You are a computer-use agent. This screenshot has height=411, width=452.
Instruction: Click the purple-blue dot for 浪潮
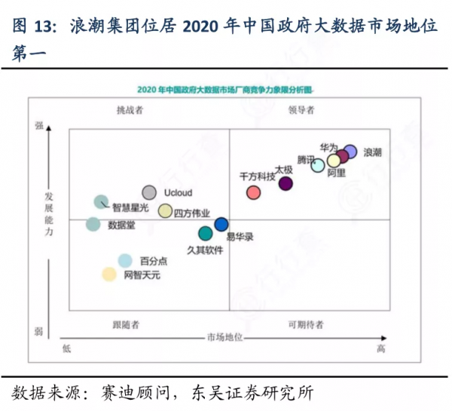pyautogui.click(x=350, y=152)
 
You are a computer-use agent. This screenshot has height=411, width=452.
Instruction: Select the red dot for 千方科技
pyautogui.click(x=254, y=192)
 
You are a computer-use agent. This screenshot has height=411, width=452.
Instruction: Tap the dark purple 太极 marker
pyautogui.click(x=286, y=182)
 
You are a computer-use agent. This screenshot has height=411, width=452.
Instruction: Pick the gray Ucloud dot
pyautogui.click(x=149, y=193)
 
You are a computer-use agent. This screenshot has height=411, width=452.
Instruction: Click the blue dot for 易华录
pyautogui.click(x=221, y=224)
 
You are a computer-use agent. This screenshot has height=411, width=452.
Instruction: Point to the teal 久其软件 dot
pyautogui.click(x=205, y=233)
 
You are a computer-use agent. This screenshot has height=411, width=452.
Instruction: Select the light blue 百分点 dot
pyautogui.click(x=125, y=261)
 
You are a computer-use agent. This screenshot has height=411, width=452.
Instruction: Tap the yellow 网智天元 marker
pyautogui.click(x=110, y=275)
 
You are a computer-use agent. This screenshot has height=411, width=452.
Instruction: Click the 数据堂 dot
pyautogui.click(x=93, y=224)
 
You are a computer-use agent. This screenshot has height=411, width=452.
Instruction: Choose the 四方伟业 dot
pyautogui.click(x=165, y=210)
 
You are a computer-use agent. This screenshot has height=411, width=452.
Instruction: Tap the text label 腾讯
pyautogui.click(x=307, y=160)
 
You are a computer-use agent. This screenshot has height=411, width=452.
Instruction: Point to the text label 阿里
pyautogui.click(x=337, y=173)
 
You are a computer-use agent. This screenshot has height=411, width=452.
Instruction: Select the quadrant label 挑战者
pyautogui.click(x=130, y=110)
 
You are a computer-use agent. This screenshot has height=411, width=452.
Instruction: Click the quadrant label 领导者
pyautogui.click(x=301, y=110)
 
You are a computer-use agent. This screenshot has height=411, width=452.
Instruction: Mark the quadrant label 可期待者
pyautogui.click(x=305, y=324)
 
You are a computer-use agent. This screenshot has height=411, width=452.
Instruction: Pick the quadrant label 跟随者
pyautogui.click(x=126, y=324)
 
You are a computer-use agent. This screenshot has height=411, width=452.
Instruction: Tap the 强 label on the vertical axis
pyautogui.click(x=38, y=126)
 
